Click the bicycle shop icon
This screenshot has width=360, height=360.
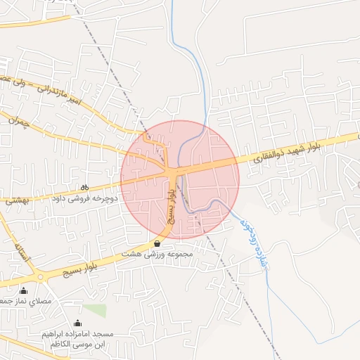(84, 187)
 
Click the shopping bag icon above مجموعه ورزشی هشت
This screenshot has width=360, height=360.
(156, 243)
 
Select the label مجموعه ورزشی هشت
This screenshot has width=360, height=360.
(155, 254)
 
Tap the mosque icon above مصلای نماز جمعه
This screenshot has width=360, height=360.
(23, 290)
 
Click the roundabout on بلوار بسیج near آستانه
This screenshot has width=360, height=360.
(40, 277)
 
